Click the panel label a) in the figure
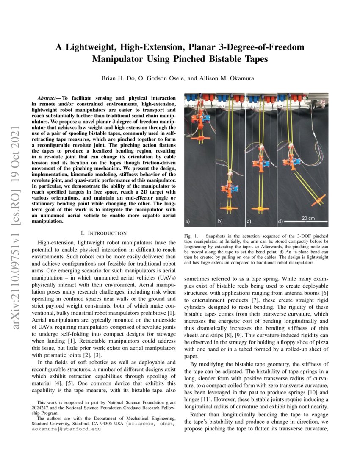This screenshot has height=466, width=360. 187,221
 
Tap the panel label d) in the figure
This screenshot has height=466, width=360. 280,221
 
